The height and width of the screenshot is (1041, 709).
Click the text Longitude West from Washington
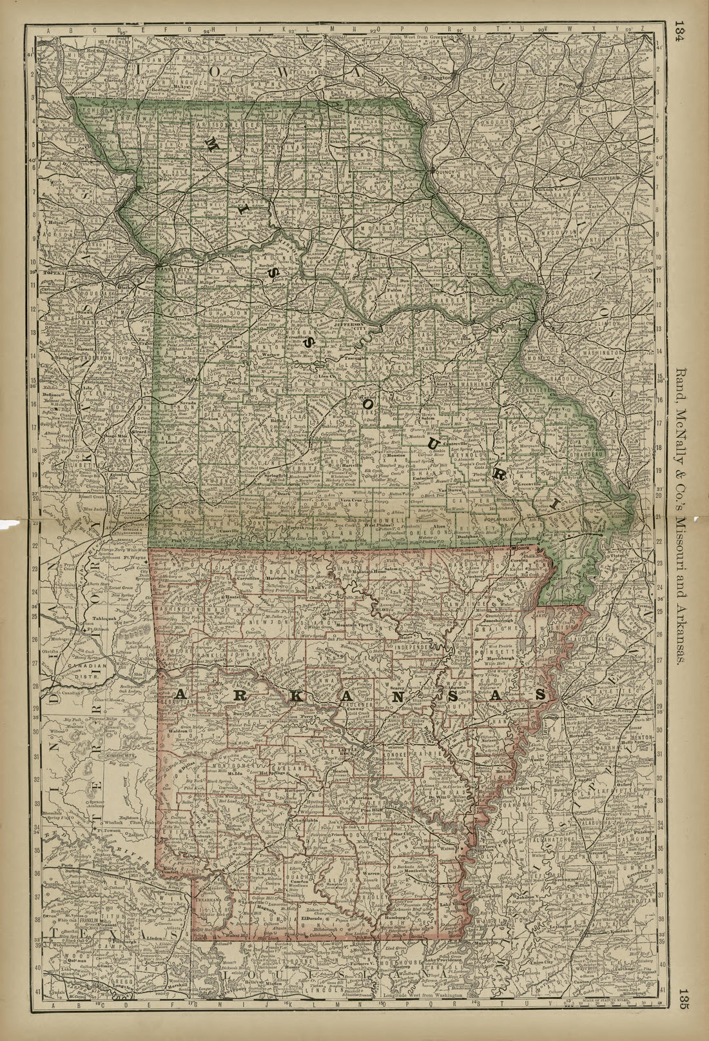pos(422,1020)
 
